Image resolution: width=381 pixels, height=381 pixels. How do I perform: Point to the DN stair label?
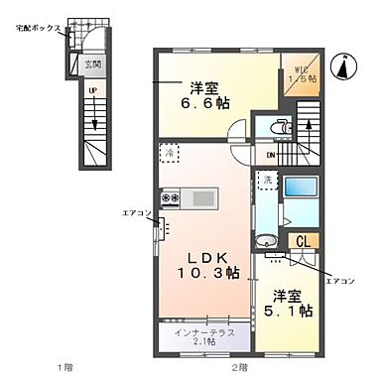tap(271, 156)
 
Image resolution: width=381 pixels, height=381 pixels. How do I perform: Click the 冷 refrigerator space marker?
tap(170, 154)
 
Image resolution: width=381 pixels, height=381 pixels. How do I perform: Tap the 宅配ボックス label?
tap(38, 29)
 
